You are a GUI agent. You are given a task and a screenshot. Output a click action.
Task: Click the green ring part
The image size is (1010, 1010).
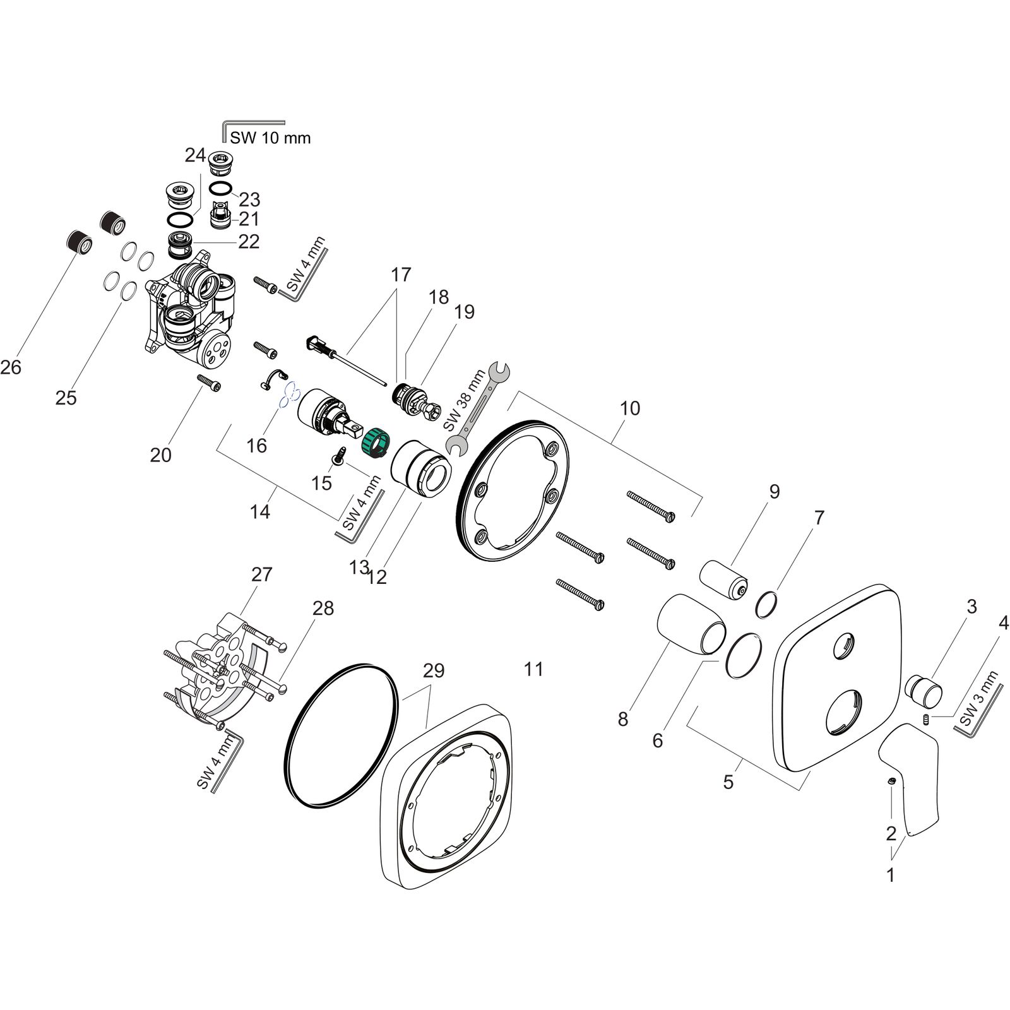375,441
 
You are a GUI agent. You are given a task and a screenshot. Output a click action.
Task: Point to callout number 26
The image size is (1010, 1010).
11,367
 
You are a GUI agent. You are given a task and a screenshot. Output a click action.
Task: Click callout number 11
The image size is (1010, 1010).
533,668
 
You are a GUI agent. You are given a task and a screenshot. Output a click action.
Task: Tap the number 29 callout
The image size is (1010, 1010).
434,670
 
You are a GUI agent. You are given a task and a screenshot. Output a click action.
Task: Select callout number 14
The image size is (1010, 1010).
260,511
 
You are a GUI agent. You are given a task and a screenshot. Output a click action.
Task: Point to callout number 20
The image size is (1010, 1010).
160,454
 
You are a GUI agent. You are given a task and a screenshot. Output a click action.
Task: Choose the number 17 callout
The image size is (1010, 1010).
401,275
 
